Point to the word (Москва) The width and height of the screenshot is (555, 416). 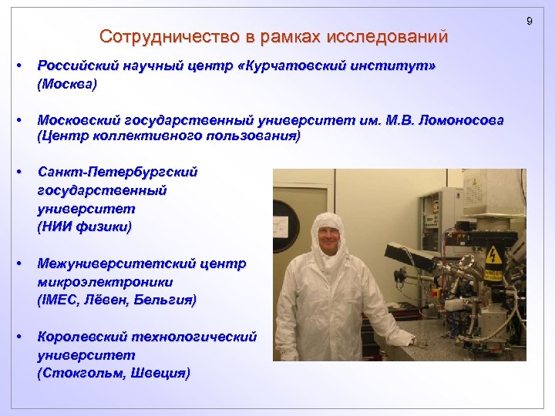click(x=67, y=83)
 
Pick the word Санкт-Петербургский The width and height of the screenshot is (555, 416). click(x=117, y=172)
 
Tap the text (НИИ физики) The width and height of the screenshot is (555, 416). click(x=84, y=226)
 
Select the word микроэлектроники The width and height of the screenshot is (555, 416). click(x=105, y=282)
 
